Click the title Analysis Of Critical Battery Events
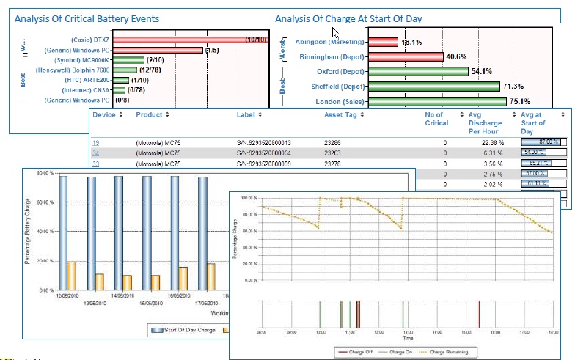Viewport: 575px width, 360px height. [x=87, y=18]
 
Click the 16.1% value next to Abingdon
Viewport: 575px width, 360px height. [x=411, y=43]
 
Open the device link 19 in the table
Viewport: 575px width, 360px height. [x=95, y=142]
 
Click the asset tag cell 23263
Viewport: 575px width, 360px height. [x=334, y=153]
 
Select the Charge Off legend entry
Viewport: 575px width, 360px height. [x=360, y=351]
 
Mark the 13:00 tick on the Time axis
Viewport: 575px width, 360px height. [x=406, y=332]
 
